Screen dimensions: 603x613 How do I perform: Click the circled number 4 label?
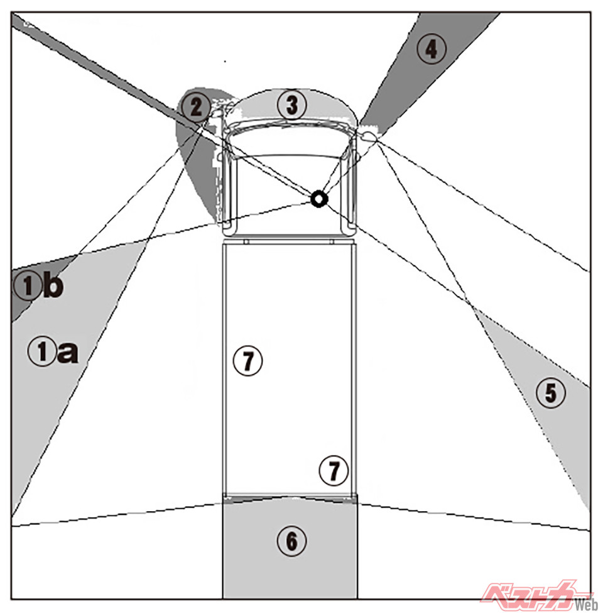click(431, 49)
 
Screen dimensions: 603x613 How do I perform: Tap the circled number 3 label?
click(291, 105)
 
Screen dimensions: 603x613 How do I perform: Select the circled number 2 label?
click(196, 107)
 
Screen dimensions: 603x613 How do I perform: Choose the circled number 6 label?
click(291, 541)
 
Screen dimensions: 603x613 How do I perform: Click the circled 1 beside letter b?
click(28, 285)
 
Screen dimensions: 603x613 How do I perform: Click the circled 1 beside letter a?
click(42, 351)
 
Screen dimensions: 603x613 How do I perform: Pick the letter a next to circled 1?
click(68, 352)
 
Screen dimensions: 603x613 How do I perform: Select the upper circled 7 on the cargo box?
click(247, 360)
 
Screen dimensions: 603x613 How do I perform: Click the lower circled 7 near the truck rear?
click(334, 470)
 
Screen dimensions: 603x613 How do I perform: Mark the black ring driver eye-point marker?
click(319, 199)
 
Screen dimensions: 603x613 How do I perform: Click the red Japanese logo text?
click(528, 595)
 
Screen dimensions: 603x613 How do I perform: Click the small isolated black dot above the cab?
click(225, 62)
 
